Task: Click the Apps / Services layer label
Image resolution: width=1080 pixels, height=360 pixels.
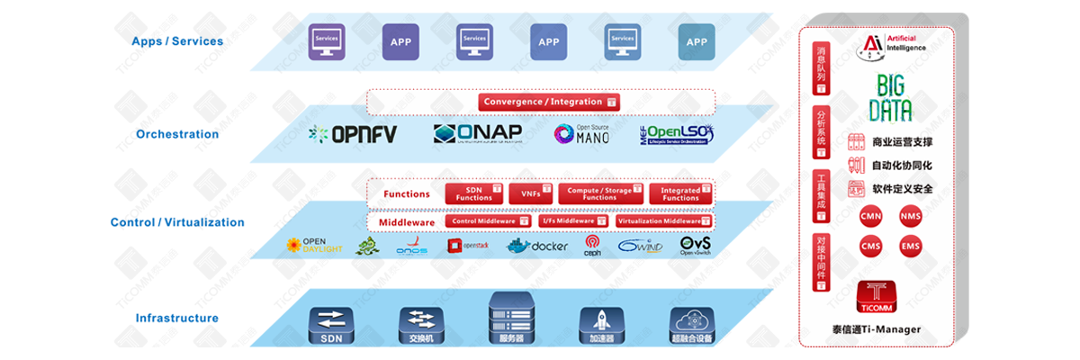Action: point(177,41)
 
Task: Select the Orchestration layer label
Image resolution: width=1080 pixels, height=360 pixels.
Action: point(177,134)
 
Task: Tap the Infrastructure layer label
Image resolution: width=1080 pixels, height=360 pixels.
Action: point(177,318)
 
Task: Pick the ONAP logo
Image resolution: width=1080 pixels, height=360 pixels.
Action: point(477,133)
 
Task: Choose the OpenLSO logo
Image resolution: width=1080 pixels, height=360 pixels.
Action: point(678,134)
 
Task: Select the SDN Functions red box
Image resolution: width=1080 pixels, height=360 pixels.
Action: point(474,193)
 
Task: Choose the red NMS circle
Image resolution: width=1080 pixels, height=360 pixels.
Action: point(910,216)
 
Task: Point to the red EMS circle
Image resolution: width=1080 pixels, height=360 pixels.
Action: point(910,247)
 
